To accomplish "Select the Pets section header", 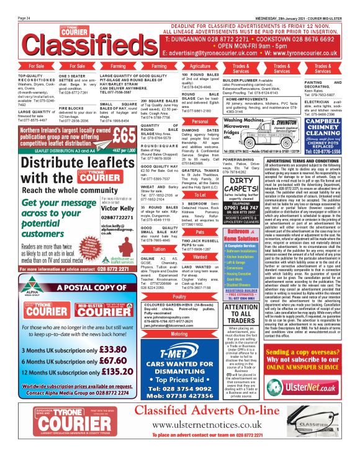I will tap(200, 231).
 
